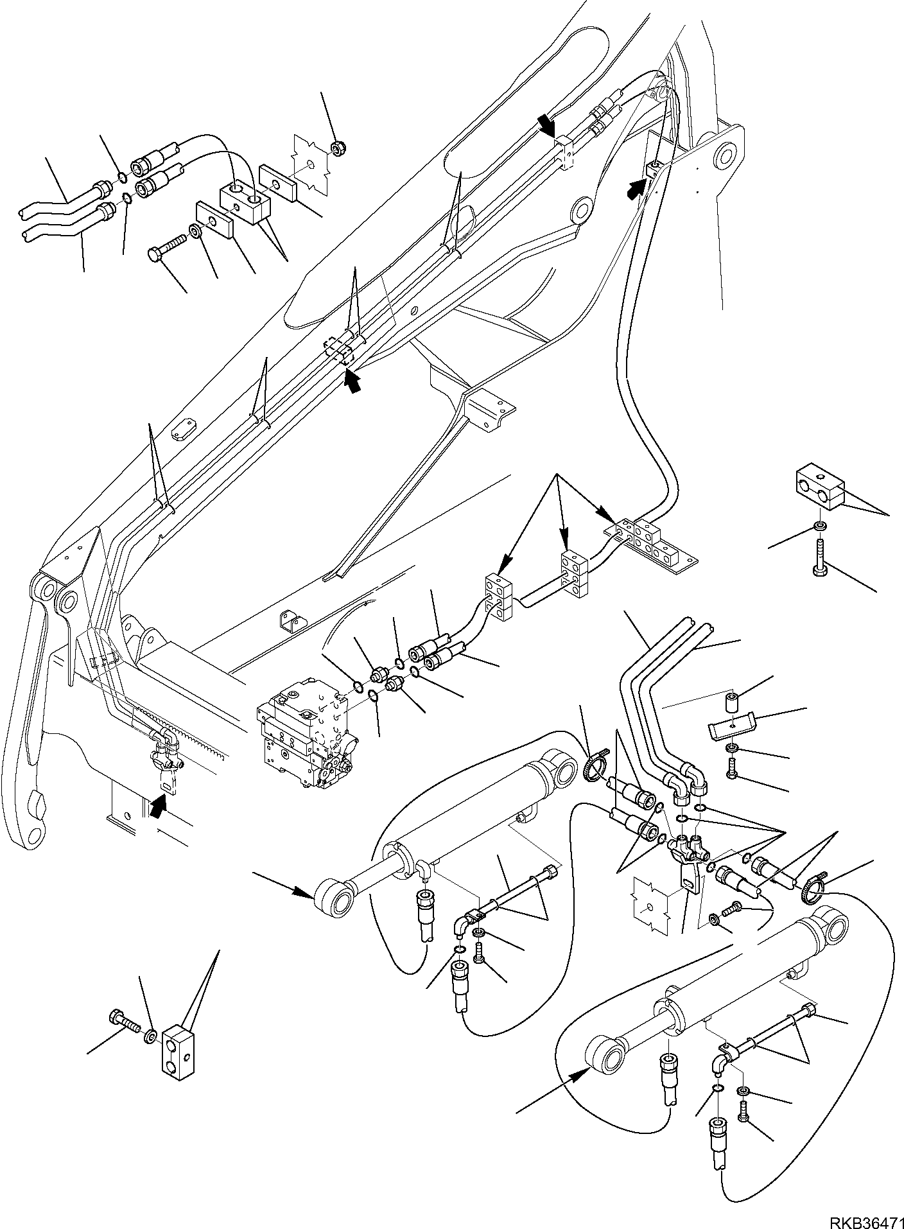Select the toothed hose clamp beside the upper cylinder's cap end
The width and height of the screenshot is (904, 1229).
pyautogui.click(x=595, y=769)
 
